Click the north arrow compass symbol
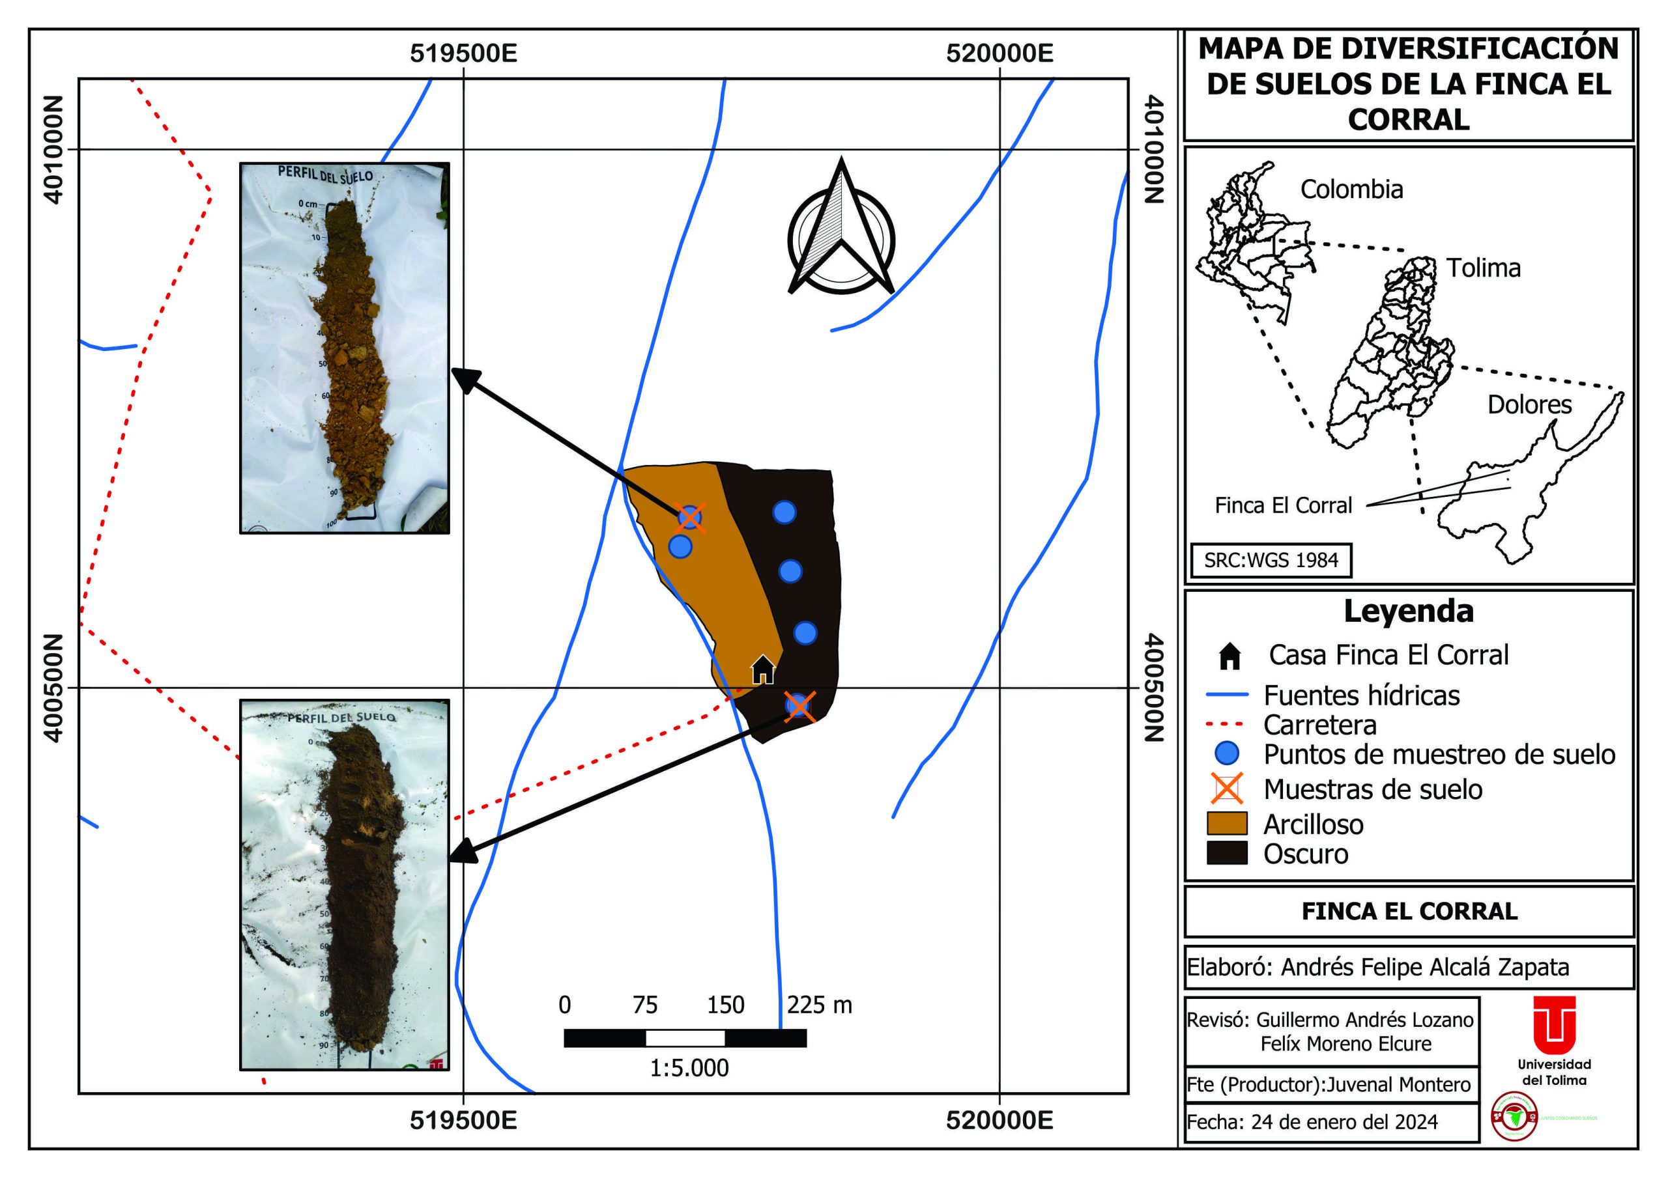point(841,232)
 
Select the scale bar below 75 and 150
point(685,1038)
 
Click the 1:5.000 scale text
point(689,1067)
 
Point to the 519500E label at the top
point(463,53)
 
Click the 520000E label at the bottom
point(999,1121)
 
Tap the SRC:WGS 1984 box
point(1271,560)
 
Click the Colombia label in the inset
point(1351,189)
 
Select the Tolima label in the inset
point(1483,268)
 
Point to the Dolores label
point(1529,404)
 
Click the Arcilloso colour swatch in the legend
point(1227,824)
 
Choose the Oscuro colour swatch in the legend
point(1227,852)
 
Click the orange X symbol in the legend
point(1227,789)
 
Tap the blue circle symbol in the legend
point(1227,754)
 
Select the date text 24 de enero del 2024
point(1344,1122)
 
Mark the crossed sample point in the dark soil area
point(799,705)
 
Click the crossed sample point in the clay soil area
point(689,518)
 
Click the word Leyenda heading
point(1408,611)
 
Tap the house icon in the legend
point(1229,656)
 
